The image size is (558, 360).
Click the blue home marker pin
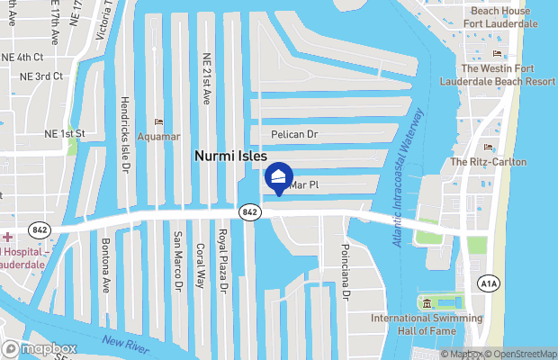[280, 176]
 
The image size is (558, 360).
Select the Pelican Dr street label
[295, 134]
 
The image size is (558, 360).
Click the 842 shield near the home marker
[250, 211]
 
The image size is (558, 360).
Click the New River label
[124, 343]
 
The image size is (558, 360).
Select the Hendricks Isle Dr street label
[125, 135]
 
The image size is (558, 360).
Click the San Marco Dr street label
[177, 260]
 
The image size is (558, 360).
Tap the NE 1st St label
[64, 134]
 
